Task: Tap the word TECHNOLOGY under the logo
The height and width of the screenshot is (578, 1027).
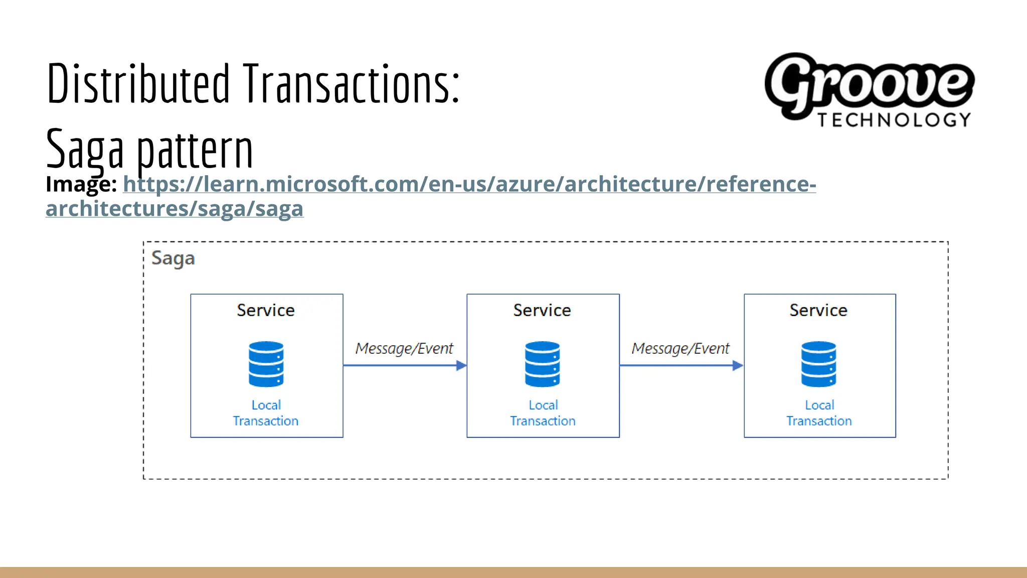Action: point(894,120)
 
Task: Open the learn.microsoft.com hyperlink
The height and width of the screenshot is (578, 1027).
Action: point(469,184)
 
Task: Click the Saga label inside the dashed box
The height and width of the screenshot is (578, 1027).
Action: point(173,258)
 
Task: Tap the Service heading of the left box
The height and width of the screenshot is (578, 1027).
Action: point(266,310)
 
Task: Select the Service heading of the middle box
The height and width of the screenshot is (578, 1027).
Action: point(542,310)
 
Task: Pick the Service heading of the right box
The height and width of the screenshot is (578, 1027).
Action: point(818,310)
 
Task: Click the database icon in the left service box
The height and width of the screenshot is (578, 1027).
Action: point(266,364)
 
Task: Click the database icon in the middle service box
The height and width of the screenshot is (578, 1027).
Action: point(543,364)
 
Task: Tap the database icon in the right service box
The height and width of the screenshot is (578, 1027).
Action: point(819,364)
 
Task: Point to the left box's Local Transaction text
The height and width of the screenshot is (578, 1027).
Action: point(266,413)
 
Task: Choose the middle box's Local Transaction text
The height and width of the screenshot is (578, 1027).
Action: point(543,413)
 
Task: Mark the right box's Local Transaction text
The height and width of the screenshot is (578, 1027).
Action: point(819,413)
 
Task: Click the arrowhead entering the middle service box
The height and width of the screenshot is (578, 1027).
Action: point(461,366)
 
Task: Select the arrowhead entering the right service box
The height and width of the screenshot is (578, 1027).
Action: point(738,366)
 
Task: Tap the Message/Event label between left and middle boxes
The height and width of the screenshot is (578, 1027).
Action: point(404,348)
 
